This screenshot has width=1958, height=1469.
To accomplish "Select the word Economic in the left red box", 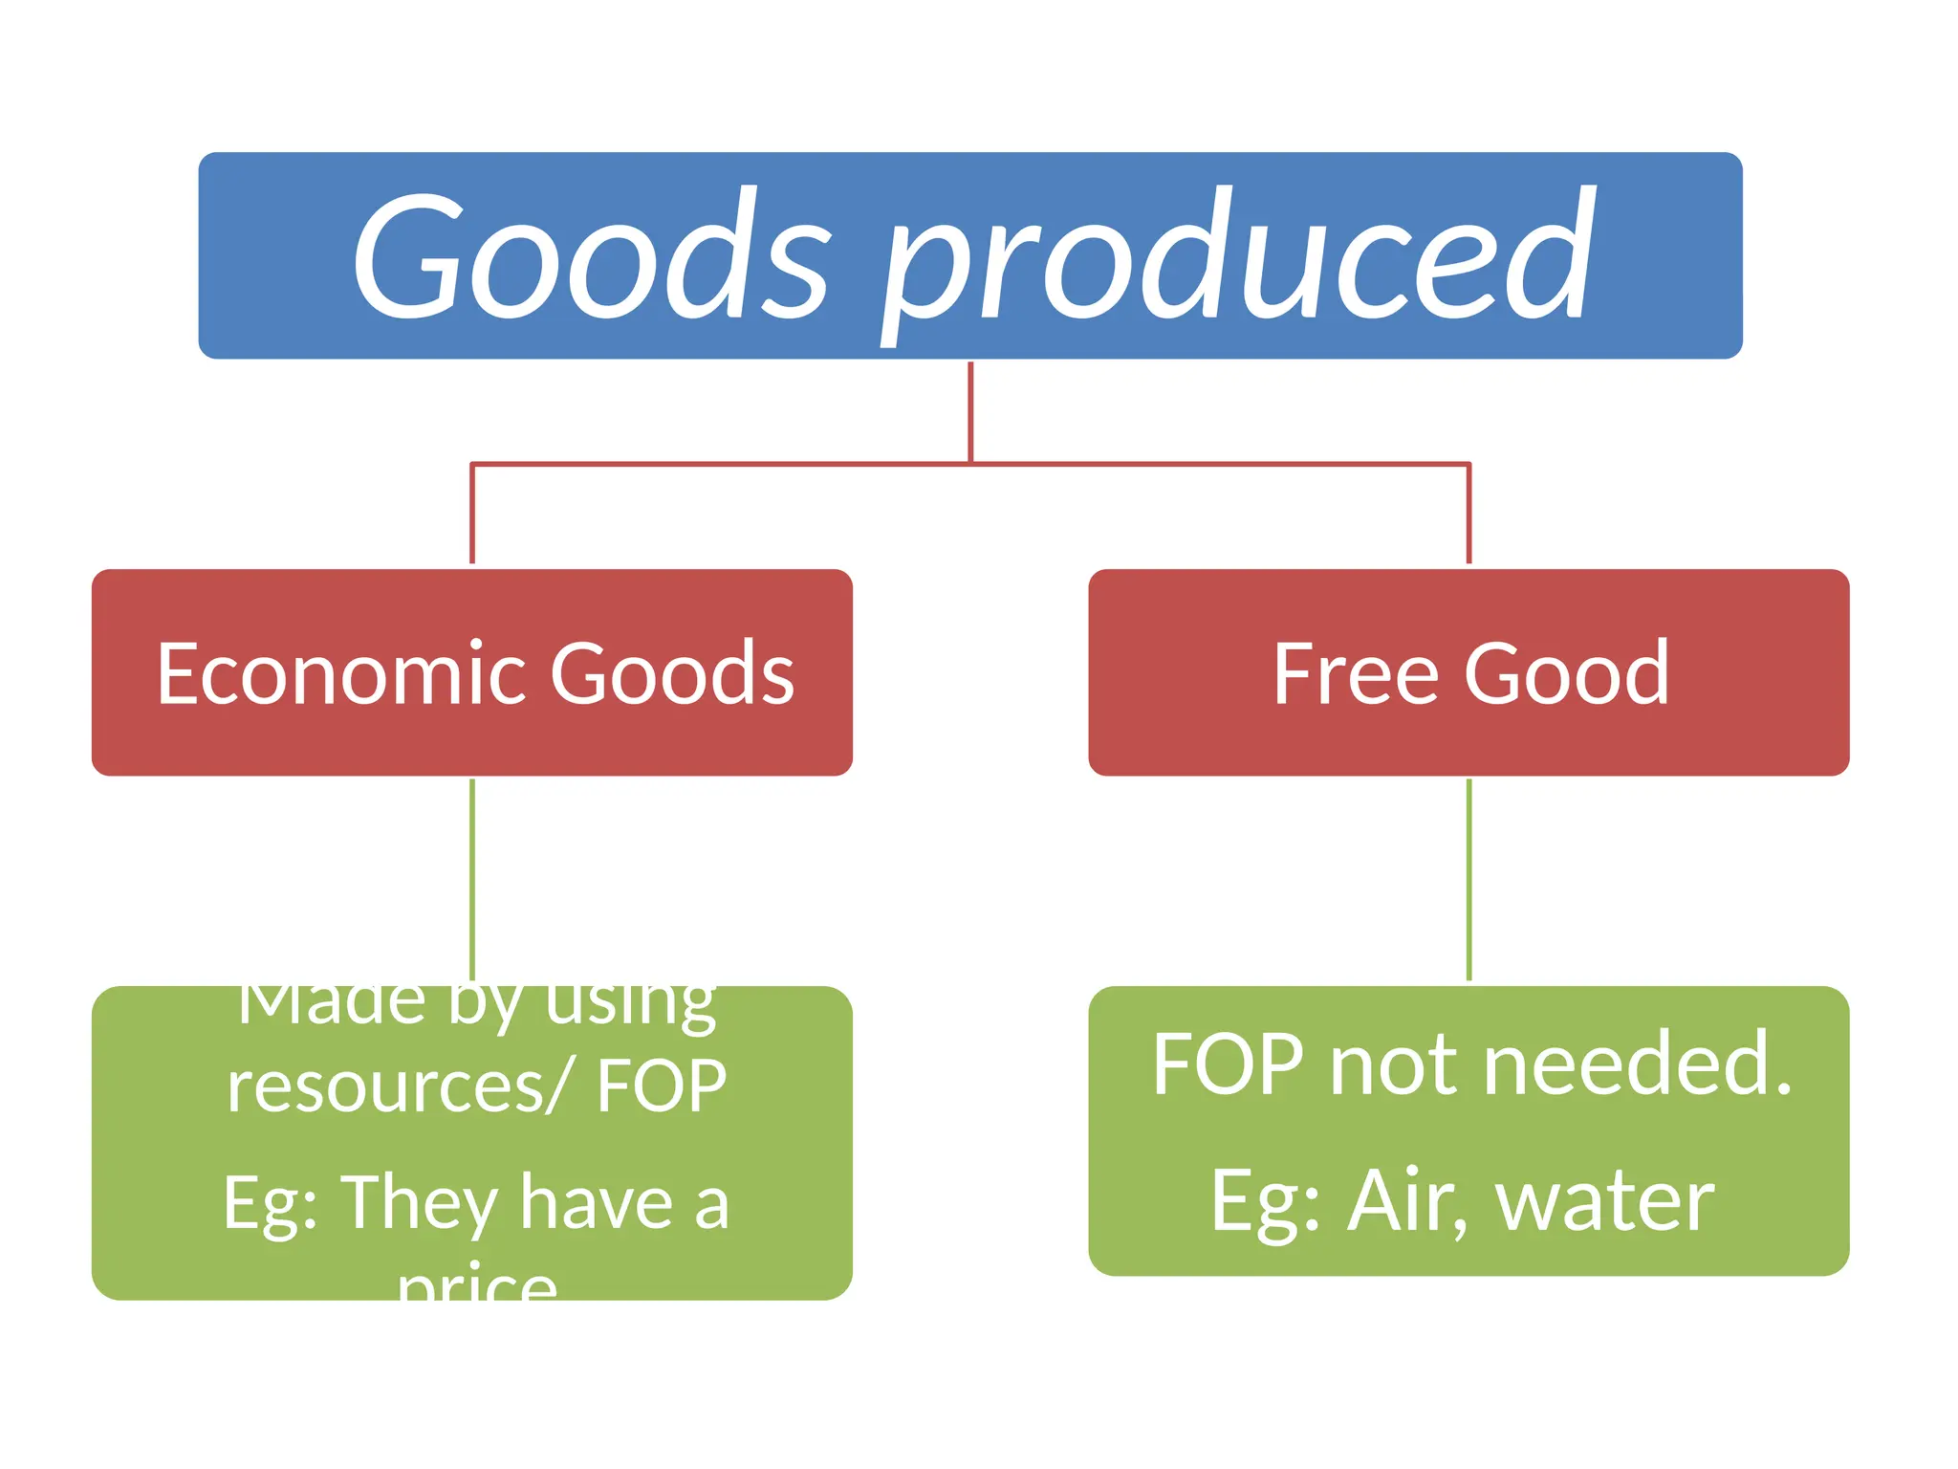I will click(340, 674).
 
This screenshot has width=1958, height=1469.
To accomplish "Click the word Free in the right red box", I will click(1355, 674).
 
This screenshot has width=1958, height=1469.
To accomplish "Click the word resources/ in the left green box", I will click(398, 1087).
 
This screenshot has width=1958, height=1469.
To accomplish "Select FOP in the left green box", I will click(662, 1087).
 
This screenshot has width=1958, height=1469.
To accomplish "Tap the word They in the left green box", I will click(420, 1203).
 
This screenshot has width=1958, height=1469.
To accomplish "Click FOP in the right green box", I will click(1228, 1064).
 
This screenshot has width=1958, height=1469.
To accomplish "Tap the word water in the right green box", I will click(1605, 1202).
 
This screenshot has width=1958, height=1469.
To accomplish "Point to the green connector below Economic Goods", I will click(472, 880).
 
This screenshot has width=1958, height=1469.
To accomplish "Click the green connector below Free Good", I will click(1468, 880).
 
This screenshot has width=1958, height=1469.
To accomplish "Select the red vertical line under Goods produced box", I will click(970, 411).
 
